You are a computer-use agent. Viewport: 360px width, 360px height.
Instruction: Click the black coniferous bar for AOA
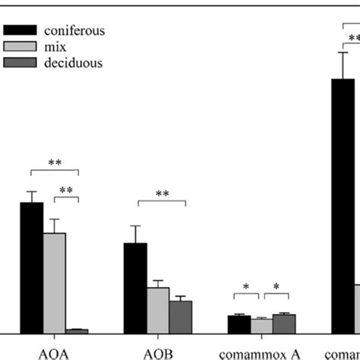click(31, 267)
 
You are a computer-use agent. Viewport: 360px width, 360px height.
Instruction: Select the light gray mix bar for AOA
click(54, 283)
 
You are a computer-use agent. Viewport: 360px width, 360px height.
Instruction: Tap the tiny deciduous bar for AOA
click(77, 330)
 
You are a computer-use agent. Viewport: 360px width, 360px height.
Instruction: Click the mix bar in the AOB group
click(158, 309)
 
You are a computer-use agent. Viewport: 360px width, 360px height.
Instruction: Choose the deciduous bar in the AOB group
click(181, 316)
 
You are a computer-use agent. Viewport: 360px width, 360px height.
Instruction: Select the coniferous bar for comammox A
click(239, 324)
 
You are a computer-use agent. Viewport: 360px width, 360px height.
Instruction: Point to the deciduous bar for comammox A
click(284, 323)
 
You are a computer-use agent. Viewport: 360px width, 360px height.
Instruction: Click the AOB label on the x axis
click(157, 351)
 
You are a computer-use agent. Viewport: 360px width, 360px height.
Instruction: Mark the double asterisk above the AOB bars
click(162, 194)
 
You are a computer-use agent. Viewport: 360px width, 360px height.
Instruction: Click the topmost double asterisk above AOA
click(54, 163)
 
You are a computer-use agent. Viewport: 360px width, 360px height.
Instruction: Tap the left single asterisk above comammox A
click(245, 287)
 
